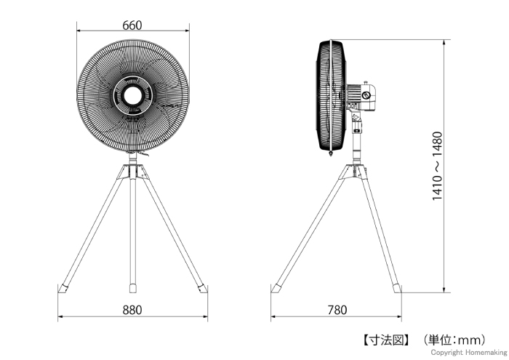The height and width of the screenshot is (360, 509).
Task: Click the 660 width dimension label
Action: point(132,25)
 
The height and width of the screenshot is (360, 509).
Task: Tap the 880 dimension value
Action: point(132,310)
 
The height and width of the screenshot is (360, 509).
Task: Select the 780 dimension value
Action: point(337,310)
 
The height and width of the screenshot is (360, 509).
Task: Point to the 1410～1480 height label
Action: point(437,166)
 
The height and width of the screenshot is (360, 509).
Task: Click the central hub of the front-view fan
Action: point(133,95)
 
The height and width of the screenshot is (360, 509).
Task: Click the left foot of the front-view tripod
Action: point(63,289)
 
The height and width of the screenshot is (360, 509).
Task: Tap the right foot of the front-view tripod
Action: point(203,289)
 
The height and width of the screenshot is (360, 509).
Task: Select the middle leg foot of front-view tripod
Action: point(133,288)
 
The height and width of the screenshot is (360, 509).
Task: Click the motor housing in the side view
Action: point(361,97)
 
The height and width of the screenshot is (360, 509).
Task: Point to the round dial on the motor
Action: point(366,95)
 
